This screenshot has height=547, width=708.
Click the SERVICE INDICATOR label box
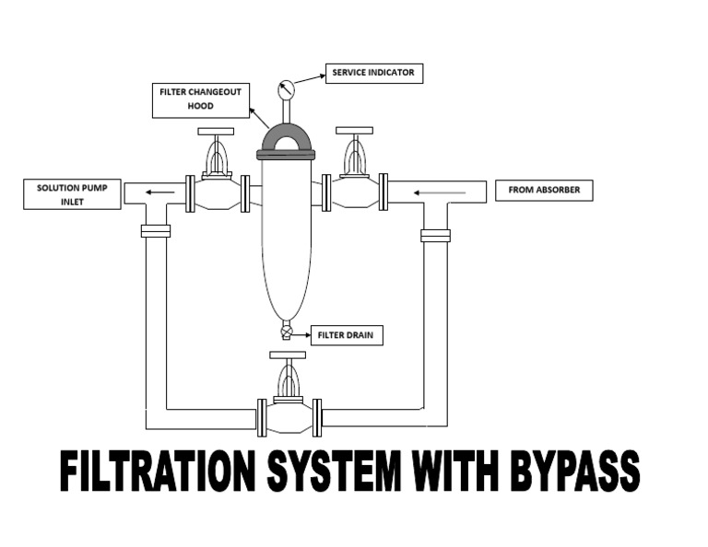[x=372, y=74]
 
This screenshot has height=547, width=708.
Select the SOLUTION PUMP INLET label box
[x=72, y=194]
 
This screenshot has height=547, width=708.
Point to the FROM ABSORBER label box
[x=544, y=191]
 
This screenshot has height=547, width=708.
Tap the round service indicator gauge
[x=286, y=90]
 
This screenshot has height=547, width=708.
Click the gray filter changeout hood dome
[x=287, y=138]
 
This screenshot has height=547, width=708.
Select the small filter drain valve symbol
[x=287, y=331]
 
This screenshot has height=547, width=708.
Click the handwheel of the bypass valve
[x=288, y=355]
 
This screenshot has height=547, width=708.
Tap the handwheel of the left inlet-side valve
[x=217, y=132]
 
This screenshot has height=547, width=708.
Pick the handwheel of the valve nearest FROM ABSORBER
[x=355, y=131]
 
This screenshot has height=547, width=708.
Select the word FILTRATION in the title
[x=158, y=472]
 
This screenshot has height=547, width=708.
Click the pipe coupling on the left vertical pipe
[x=156, y=230]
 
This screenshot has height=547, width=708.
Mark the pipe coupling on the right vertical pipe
[x=435, y=235]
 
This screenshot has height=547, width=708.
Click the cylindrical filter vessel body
[x=287, y=239]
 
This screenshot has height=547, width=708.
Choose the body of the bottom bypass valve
[x=289, y=415]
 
